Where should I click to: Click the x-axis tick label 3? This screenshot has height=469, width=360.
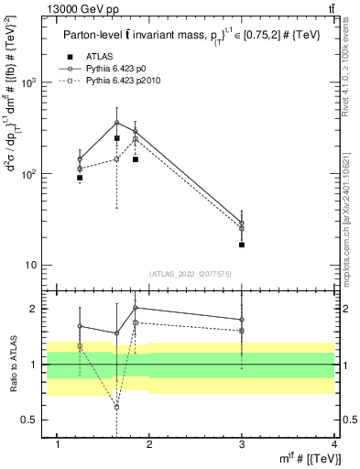click(x=242, y=444)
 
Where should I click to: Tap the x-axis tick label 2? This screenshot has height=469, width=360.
click(x=150, y=444)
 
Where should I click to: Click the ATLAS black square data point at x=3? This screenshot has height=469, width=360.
click(x=242, y=245)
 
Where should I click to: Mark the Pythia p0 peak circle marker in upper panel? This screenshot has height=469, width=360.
click(x=117, y=123)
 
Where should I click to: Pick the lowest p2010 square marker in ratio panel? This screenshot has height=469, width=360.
click(x=117, y=406)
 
